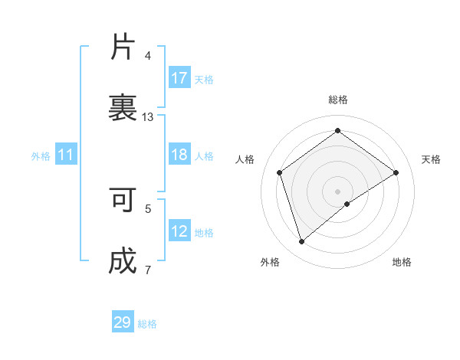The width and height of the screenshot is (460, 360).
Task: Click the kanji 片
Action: [x=123, y=47]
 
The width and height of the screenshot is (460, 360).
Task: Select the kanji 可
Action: [x=123, y=200]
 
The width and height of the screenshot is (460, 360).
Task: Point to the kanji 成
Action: [x=123, y=261]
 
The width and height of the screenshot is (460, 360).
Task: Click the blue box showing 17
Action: [x=179, y=78]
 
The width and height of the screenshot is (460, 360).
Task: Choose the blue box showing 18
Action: [x=179, y=155]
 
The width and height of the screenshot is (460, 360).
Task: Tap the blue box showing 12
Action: [x=179, y=232]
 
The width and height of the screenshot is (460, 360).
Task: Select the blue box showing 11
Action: [x=66, y=155]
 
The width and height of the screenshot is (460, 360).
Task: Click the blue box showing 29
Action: [x=123, y=322]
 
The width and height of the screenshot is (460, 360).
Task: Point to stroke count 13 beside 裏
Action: [x=148, y=117]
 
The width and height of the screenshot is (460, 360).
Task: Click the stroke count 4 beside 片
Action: [x=148, y=56]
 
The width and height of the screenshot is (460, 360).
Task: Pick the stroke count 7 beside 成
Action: [x=148, y=270]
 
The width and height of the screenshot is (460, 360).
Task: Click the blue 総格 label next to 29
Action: [x=147, y=324]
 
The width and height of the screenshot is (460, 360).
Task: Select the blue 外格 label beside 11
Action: [x=41, y=156]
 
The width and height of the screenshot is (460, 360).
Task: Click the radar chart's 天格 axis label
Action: [x=431, y=159]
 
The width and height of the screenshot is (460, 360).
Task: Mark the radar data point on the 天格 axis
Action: [x=396, y=172]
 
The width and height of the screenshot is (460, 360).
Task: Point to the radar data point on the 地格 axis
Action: [x=347, y=204]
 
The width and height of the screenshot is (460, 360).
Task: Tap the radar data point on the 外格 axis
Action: [x=301, y=242]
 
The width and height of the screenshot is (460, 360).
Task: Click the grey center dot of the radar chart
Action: [x=337, y=191]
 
